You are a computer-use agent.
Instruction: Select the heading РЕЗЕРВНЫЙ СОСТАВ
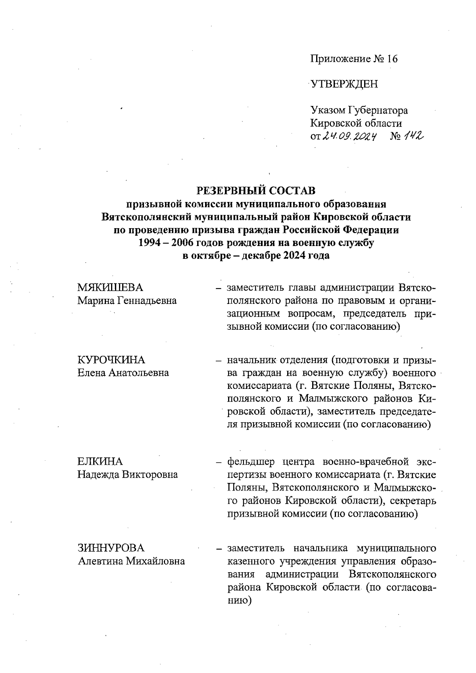tap(256, 191)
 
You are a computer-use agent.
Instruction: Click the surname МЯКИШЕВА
tap(110, 287)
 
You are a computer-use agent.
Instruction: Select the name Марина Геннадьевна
tap(127, 300)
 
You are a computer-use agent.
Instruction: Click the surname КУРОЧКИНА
tap(111, 360)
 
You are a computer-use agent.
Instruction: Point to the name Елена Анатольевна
tap(123, 373)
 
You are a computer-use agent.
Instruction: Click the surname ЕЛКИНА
tap(100, 461)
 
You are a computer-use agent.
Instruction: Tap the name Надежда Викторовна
tap(127, 475)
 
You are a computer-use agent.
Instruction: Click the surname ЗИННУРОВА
tap(111, 548)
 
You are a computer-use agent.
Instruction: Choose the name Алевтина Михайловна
tap(131, 561)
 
